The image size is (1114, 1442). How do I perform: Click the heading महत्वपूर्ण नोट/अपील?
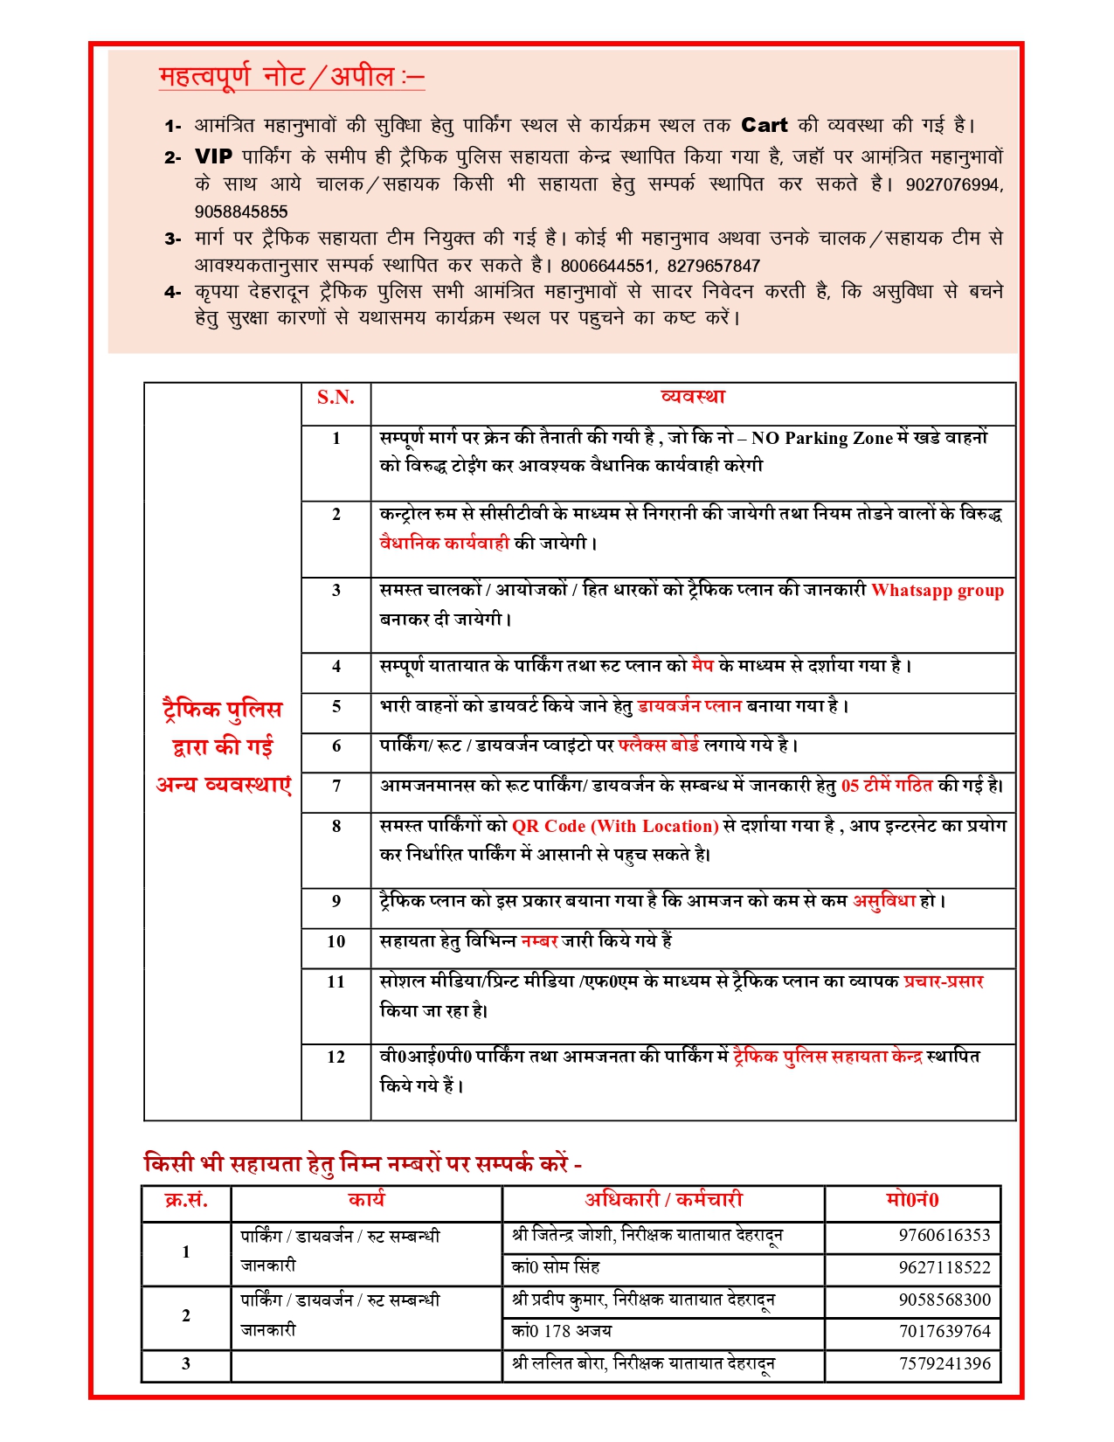tap(291, 77)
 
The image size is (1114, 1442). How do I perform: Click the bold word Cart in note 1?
tap(764, 125)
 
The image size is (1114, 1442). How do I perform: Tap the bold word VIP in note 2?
tap(213, 156)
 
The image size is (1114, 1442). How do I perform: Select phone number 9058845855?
tap(241, 211)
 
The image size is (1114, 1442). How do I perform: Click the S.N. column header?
tap(336, 398)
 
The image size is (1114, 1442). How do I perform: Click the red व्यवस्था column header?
tap(693, 397)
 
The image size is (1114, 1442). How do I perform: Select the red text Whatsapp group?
tap(938, 590)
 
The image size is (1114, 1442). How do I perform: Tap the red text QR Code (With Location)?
tap(615, 826)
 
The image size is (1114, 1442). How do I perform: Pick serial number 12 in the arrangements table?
tap(336, 1057)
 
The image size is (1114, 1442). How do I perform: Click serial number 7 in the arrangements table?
tap(336, 786)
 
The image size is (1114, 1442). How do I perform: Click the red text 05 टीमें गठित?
tap(887, 786)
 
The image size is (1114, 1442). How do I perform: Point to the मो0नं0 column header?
tap(911, 1200)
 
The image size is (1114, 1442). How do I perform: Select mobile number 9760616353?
tap(944, 1235)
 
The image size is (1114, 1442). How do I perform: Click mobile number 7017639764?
tap(944, 1331)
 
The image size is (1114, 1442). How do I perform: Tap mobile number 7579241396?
tap(944, 1363)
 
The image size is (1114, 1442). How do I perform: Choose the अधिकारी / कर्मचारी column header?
tap(663, 1200)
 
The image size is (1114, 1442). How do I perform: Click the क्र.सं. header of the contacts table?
tap(186, 1200)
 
